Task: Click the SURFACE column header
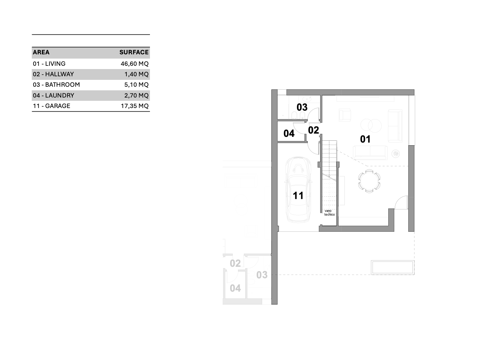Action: tap(134, 52)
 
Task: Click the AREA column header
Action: tap(41, 52)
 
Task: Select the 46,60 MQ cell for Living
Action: tap(135, 63)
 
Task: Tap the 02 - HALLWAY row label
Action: tap(53, 74)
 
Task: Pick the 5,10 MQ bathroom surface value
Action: tap(136, 85)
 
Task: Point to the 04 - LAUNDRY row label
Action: tap(54, 95)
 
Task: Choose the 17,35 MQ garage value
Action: tap(135, 106)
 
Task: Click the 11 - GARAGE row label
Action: tap(52, 106)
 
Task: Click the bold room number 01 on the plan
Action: tap(365, 139)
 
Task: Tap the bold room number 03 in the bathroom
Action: tap(302, 107)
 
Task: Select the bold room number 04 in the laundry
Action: tap(289, 134)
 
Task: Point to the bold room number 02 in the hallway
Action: tap(313, 130)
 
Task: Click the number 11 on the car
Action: tap(298, 195)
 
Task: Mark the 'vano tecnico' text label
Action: tap(329, 213)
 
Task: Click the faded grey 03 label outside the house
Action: tap(262, 275)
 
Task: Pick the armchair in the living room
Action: tap(345, 115)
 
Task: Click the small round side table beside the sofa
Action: tap(395, 154)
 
